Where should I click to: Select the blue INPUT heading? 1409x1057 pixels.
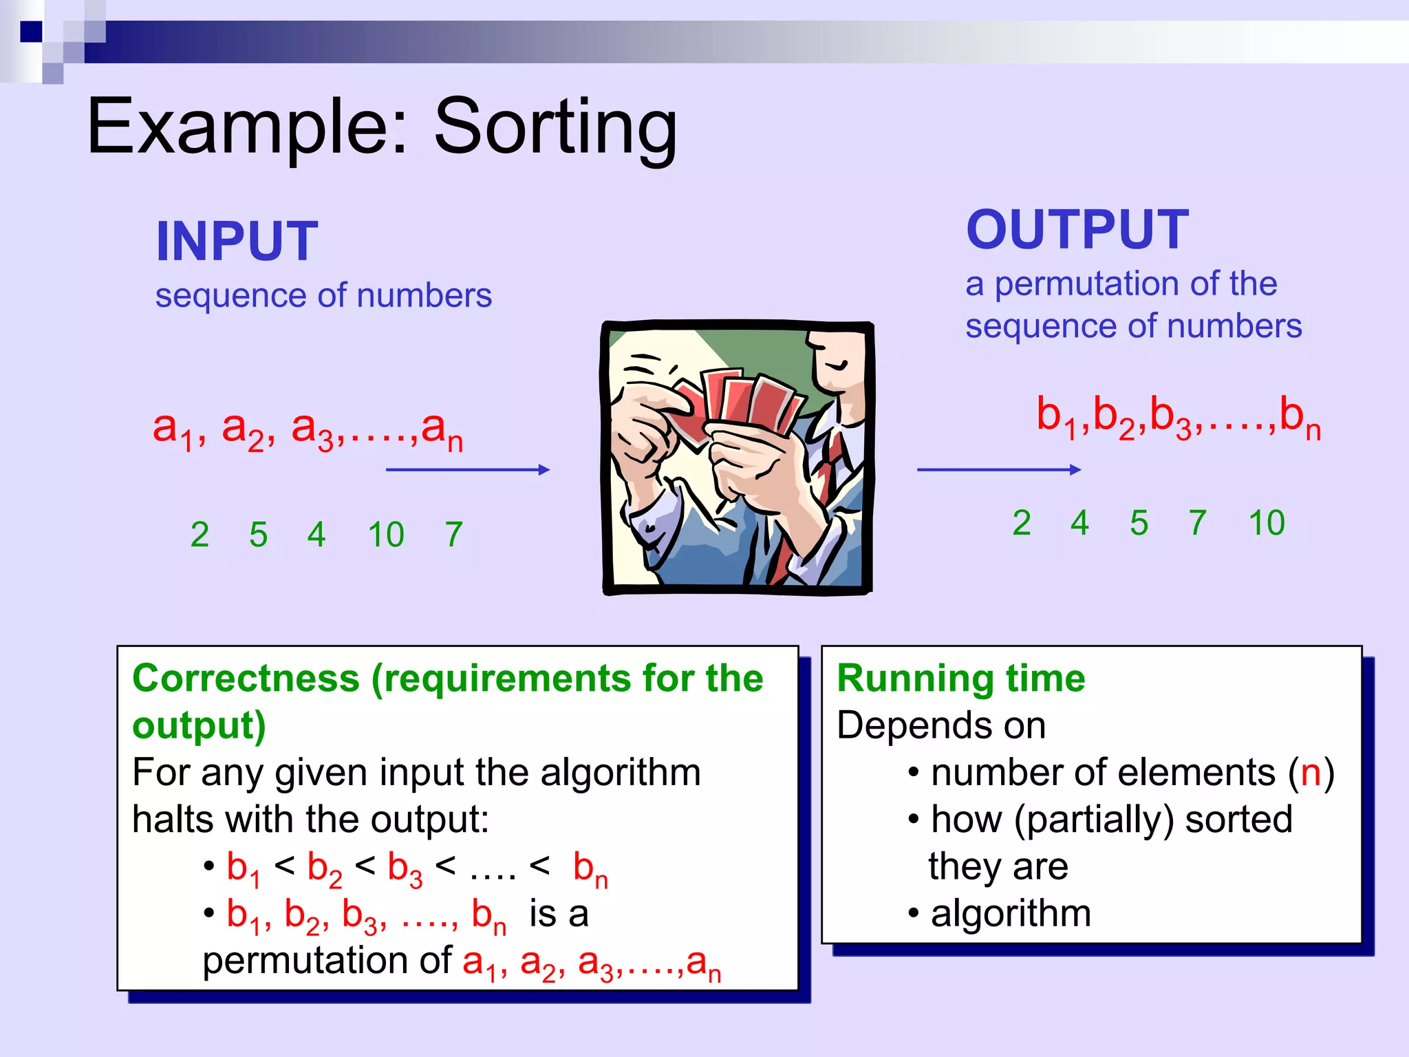pyautogui.click(x=237, y=242)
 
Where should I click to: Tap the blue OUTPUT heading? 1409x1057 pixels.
pyautogui.click(x=1077, y=230)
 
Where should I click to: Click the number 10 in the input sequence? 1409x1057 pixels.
pyautogui.click(x=386, y=535)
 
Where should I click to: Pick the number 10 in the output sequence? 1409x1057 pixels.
pyautogui.click(x=1266, y=523)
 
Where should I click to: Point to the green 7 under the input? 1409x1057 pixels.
pyautogui.click(x=453, y=535)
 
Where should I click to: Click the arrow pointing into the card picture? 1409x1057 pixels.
pyautogui.click(x=468, y=470)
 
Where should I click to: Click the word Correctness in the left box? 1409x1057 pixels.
pyautogui.click(x=246, y=679)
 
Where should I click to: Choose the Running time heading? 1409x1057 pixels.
pyautogui.click(x=960, y=679)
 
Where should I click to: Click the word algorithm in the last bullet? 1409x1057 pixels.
pyautogui.click(x=1011, y=914)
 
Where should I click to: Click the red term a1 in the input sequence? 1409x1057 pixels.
pyautogui.click(x=172, y=430)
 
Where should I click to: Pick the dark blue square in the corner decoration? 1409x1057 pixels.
pyautogui.click(x=31, y=32)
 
